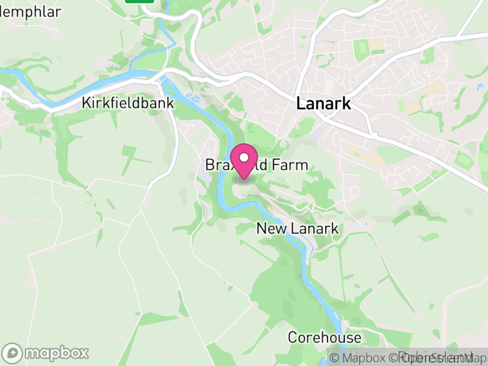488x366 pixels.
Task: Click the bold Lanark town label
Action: (x=323, y=104)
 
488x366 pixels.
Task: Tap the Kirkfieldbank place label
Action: (x=127, y=104)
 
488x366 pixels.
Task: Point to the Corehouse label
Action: (x=325, y=337)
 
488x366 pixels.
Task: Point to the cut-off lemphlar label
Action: (x=30, y=12)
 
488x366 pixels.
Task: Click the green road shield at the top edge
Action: (x=139, y=1)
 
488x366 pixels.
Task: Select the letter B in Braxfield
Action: (x=209, y=165)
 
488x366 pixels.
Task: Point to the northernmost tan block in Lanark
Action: (x=378, y=44)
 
